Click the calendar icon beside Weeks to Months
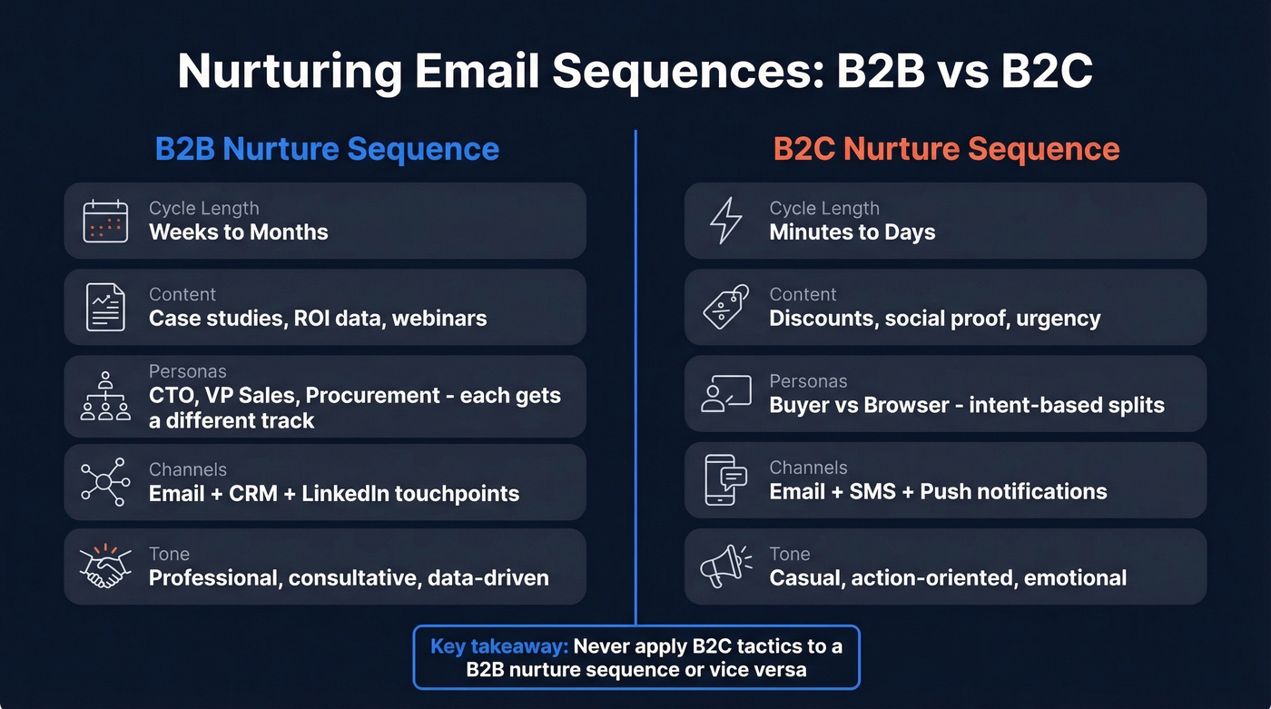click(105, 221)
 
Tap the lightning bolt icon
click(726, 221)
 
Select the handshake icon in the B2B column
click(105, 566)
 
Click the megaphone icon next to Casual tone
click(726, 566)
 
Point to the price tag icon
click(726, 307)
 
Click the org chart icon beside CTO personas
click(105, 395)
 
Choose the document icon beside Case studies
click(105, 307)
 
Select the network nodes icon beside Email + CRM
click(105, 482)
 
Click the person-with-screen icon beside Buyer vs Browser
click(726, 393)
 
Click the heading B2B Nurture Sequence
click(327, 149)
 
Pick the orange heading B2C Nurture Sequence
click(946, 149)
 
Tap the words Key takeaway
click(499, 646)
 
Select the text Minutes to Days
click(852, 232)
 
